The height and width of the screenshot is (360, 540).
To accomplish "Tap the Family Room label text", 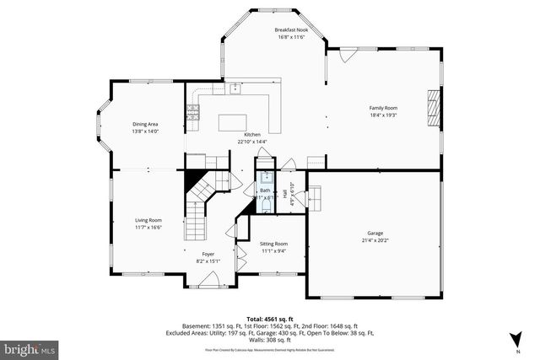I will click(383, 108).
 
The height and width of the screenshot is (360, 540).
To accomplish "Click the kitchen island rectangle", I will click(240, 122).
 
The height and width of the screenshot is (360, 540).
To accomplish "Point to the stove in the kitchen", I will click(193, 109).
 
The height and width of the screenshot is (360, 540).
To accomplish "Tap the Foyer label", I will click(208, 254).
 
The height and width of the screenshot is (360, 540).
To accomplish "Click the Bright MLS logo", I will click(29, 347).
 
